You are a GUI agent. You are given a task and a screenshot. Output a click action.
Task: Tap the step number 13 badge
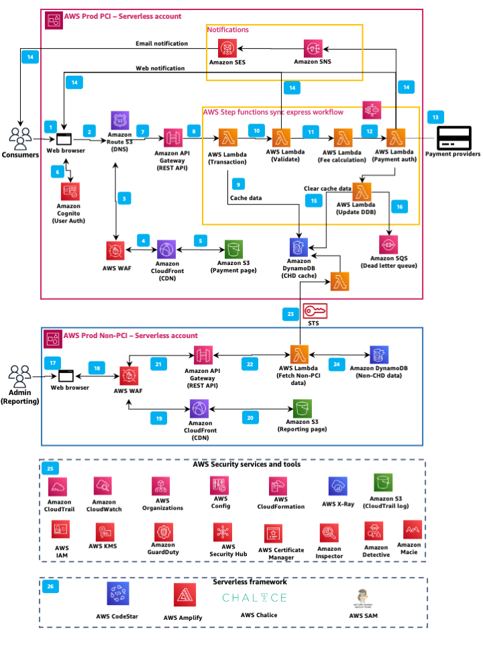coord(436,117)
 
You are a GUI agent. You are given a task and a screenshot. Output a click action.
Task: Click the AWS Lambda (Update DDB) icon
coord(363,191)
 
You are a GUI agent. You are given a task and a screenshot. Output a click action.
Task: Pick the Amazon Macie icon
coord(412,530)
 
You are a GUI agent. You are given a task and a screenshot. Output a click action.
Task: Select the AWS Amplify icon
coord(184,595)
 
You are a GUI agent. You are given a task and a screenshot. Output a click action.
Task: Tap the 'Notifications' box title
coord(228,30)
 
